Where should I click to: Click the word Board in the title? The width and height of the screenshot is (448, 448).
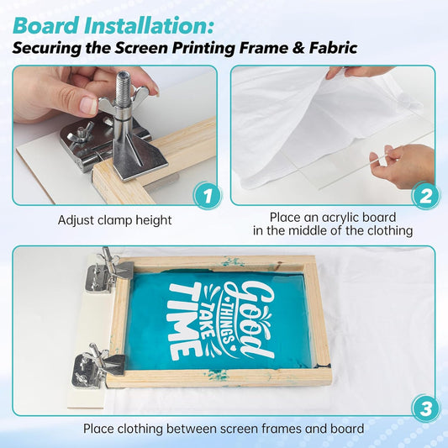coord(45,26)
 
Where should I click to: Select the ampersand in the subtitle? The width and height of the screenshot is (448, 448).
coord(299,48)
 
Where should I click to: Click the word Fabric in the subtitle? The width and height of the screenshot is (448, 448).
coord(333,48)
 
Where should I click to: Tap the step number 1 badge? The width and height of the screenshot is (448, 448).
coord(208,196)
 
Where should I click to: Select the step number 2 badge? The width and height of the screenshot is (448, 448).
coord(425,197)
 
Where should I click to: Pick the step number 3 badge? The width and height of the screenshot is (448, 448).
coord(425,408)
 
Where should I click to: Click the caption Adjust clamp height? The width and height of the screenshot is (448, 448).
coord(115,220)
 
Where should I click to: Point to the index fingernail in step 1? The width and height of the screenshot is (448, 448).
coord(88,104)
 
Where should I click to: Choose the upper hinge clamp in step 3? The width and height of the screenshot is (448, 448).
coord(109,271)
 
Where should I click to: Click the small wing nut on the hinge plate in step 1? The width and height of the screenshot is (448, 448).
coord(81,132)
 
